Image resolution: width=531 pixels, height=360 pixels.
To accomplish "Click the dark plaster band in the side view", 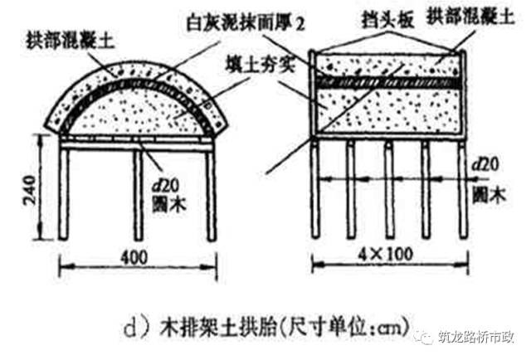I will [386, 83].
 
